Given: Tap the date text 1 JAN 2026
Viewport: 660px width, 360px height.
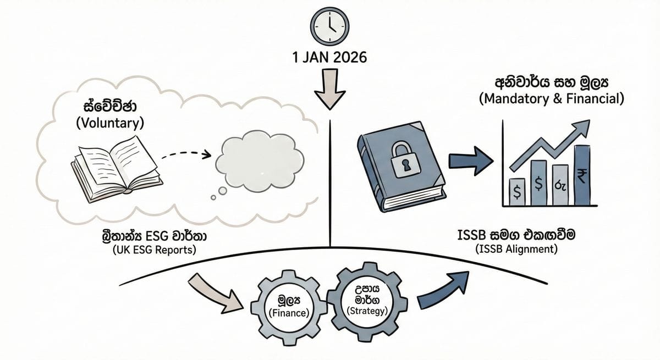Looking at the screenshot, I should coord(330,57).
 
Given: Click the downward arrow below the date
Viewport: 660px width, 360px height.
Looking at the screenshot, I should coord(329,88).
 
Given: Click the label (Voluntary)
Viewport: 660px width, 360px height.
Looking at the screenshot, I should coord(109,123).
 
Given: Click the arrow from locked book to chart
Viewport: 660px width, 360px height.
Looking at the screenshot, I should coord(470,162).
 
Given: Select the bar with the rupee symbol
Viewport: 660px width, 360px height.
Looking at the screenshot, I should coord(581,174).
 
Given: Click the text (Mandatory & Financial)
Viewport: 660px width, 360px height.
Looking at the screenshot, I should coord(552,99).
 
